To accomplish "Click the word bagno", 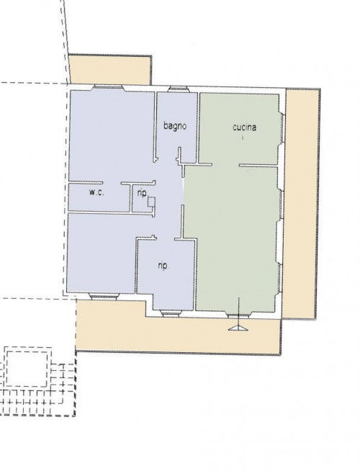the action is point(175,126).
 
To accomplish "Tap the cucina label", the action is point(244,127).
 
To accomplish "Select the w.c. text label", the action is point(96,192).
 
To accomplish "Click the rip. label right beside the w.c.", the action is point(143,193).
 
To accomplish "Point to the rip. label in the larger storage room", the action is point(163,266).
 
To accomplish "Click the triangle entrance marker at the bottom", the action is point(238,328).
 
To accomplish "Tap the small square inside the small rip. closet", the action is point(152,202).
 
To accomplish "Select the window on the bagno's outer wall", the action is point(178,89).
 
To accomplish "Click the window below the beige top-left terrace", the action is point(108,88).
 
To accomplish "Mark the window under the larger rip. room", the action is point(170,313).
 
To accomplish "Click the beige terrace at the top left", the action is point(110,70).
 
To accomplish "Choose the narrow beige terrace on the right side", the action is point(301,204).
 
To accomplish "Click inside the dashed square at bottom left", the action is point(27,369).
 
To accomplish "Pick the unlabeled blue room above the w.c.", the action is point(112,135).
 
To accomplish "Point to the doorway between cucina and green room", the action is point(226,165).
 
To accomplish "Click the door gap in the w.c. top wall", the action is point(112,183).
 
